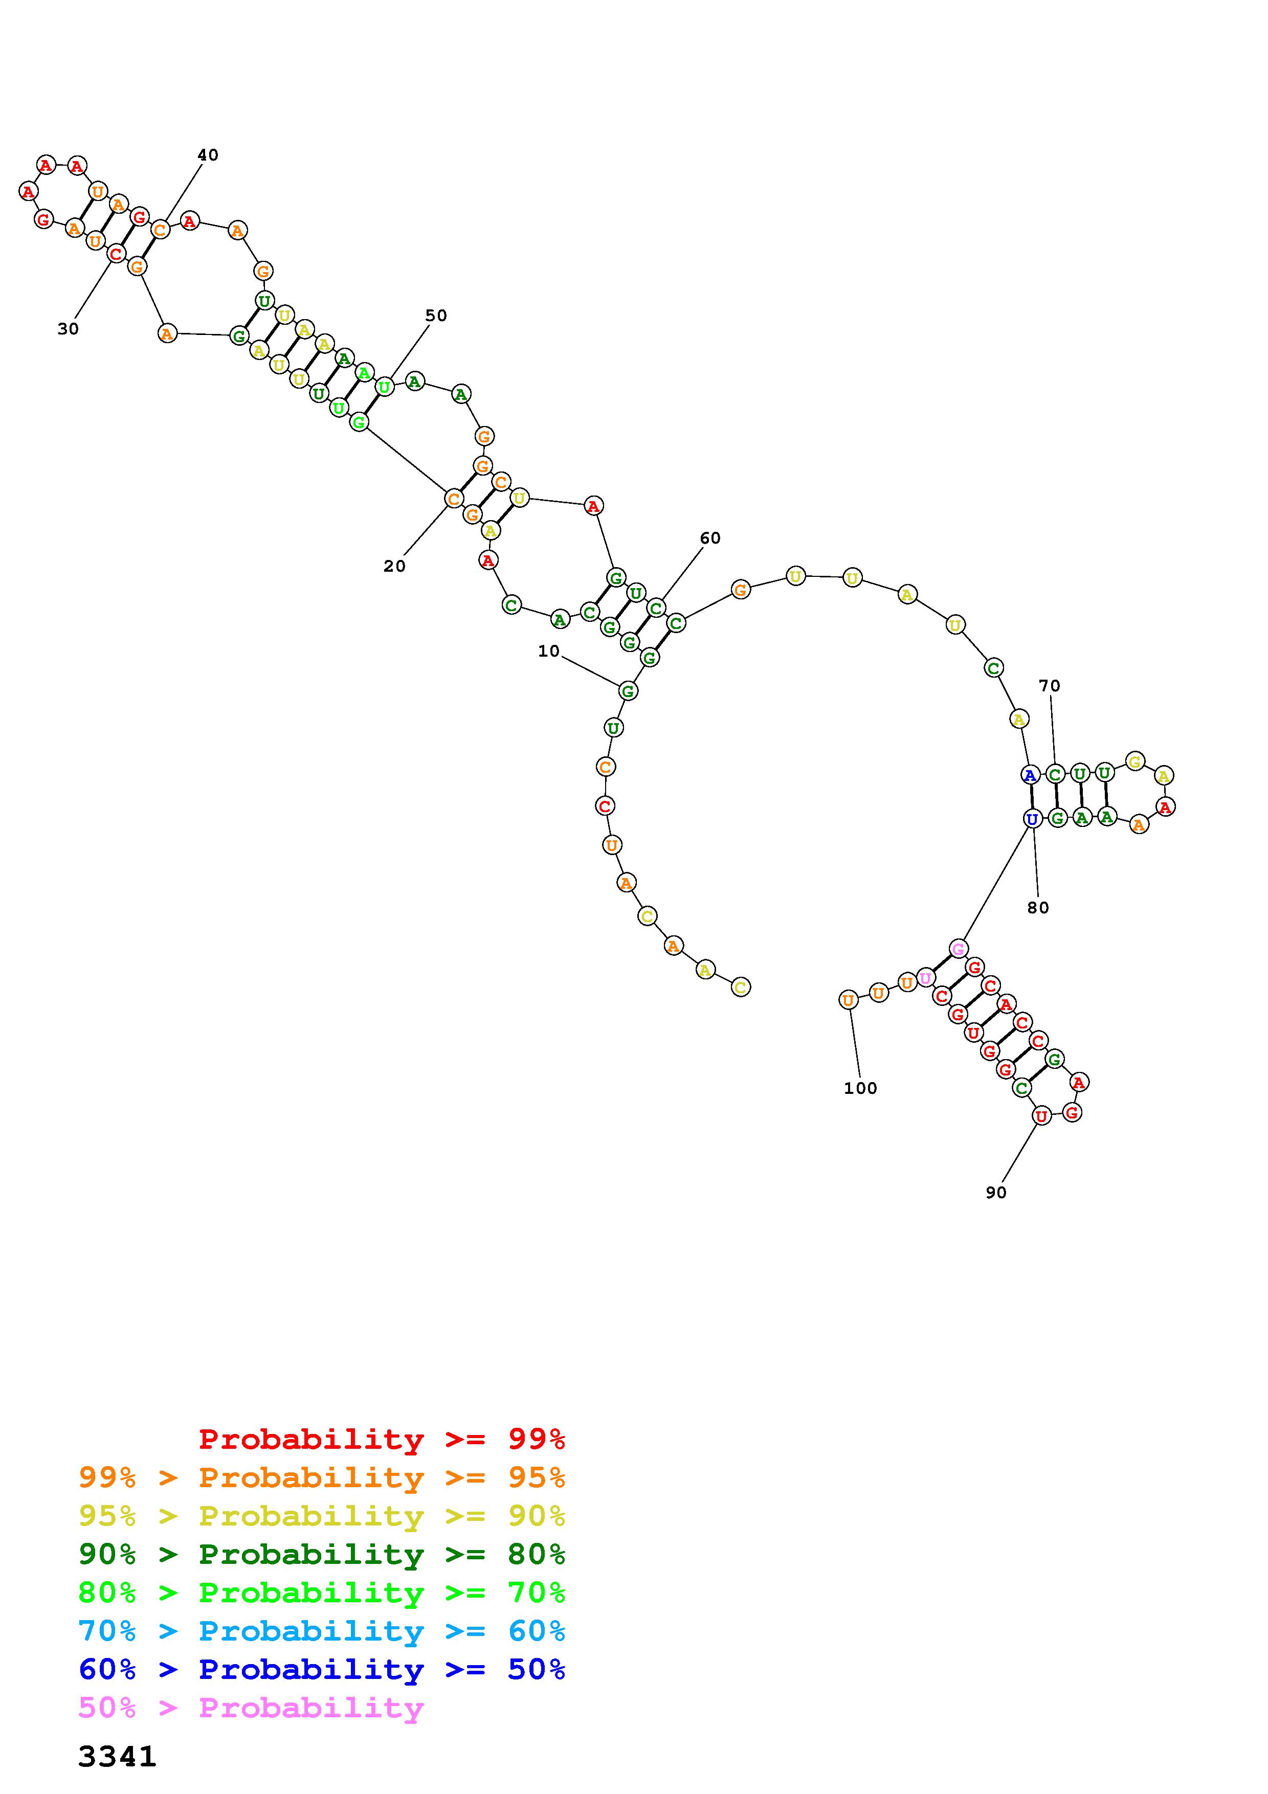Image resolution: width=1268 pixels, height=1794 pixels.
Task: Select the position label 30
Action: [68, 329]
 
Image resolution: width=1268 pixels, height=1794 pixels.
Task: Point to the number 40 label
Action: [208, 155]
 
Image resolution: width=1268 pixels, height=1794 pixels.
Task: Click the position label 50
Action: [436, 315]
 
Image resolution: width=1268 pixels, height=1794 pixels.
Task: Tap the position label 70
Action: [1049, 685]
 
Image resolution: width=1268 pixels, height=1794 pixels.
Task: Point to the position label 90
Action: [996, 1193]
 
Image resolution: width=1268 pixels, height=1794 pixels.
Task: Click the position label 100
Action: [860, 1088]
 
